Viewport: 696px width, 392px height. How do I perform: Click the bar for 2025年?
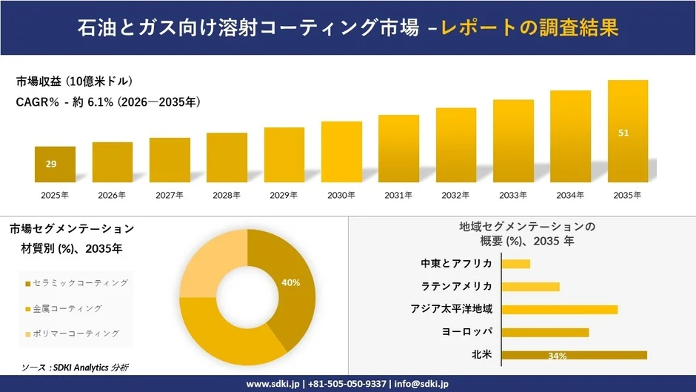(55, 165)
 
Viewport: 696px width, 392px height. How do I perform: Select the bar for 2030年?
(341, 152)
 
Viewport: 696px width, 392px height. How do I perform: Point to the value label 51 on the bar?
(623, 133)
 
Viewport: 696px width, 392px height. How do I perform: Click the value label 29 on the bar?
(51, 164)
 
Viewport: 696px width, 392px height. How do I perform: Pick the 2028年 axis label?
(226, 195)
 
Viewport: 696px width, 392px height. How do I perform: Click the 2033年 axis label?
(512, 195)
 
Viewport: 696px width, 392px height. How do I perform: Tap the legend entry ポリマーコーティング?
(72, 333)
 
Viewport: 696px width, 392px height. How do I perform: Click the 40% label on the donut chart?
(291, 282)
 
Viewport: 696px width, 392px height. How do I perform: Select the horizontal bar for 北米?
(574, 355)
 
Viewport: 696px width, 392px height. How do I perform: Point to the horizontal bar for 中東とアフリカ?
(516, 264)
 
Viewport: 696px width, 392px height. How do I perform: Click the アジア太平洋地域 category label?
(452, 309)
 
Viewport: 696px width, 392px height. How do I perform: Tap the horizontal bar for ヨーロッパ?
(545, 332)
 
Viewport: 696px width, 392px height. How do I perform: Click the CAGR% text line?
(108, 102)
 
